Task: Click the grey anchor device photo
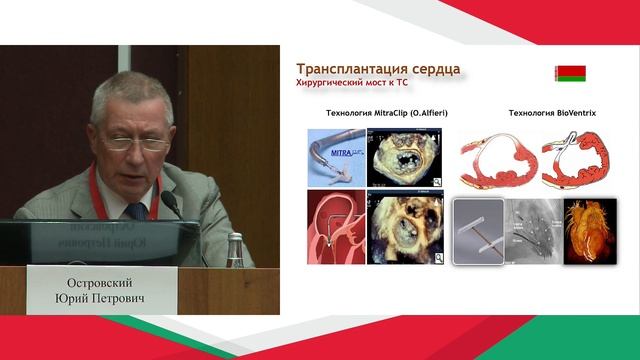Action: tap(479, 231)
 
